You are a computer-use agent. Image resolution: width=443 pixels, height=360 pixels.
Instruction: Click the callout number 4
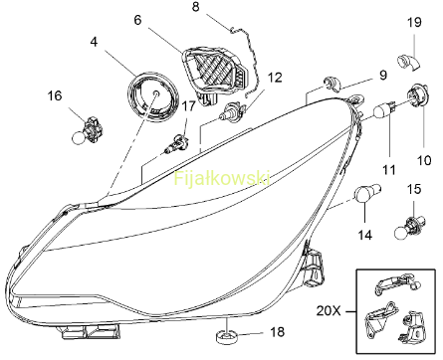click(x=95, y=42)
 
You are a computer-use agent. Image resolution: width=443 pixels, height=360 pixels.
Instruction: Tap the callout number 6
click(x=137, y=20)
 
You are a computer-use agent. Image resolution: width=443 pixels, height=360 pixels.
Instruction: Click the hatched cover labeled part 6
click(x=214, y=73)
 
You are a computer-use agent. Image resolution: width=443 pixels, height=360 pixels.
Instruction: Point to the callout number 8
click(x=196, y=7)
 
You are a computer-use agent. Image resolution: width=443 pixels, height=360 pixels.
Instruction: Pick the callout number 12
click(x=275, y=78)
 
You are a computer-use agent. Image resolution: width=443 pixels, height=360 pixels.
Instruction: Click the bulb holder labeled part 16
click(x=88, y=131)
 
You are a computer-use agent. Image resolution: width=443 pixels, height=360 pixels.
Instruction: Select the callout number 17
click(x=189, y=106)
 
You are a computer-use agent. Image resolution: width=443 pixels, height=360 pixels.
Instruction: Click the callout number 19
click(x=414, y=22)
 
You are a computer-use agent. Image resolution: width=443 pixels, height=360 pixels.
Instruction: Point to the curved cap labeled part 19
click(x=408, y=62)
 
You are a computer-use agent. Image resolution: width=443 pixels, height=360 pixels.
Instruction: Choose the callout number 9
click(x=383, y=76)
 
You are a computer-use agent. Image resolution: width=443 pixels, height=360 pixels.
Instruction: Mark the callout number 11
click(x=389, y=170)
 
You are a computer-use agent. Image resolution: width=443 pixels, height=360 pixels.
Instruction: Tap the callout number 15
click(x=414, y=189)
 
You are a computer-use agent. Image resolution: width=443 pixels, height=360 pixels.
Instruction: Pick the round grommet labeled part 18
click(x=228, y=338)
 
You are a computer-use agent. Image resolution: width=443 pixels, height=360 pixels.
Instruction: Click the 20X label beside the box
click(x=329, y=311)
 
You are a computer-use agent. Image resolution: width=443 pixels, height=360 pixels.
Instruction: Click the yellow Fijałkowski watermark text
click(x=222, y=179)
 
